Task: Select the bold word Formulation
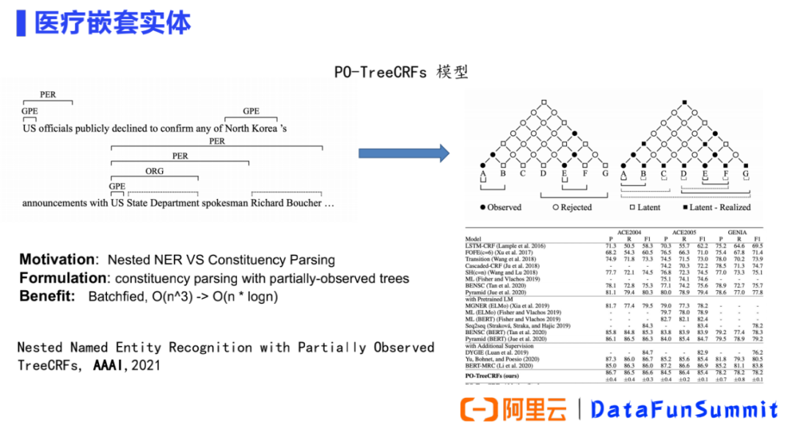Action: point(63,278)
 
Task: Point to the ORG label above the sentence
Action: point(155,172)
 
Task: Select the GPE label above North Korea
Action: point(251,112)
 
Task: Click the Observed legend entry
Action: point(500,208)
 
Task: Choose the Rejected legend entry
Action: point(571,208)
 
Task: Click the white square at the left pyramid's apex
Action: point(543,101)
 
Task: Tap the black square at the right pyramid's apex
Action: point(684,101)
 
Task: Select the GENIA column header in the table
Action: point(739,231)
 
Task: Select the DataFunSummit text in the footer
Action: point(683,409)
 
